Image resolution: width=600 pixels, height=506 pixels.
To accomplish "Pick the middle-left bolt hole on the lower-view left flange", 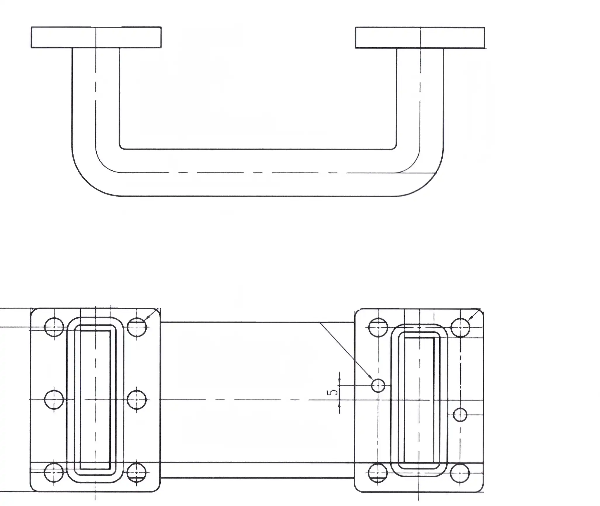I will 54,399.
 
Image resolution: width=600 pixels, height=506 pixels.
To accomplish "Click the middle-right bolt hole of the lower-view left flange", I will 137,399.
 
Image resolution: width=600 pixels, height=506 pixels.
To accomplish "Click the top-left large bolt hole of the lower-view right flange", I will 378,327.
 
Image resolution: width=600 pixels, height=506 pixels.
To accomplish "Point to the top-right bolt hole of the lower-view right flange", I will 460,327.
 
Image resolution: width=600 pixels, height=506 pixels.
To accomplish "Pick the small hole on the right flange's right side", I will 460,414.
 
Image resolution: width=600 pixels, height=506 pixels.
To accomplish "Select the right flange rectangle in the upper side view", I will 419,37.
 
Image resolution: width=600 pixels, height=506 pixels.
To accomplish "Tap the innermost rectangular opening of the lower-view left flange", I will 96,399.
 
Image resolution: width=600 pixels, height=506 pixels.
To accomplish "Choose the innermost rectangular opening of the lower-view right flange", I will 419,403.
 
